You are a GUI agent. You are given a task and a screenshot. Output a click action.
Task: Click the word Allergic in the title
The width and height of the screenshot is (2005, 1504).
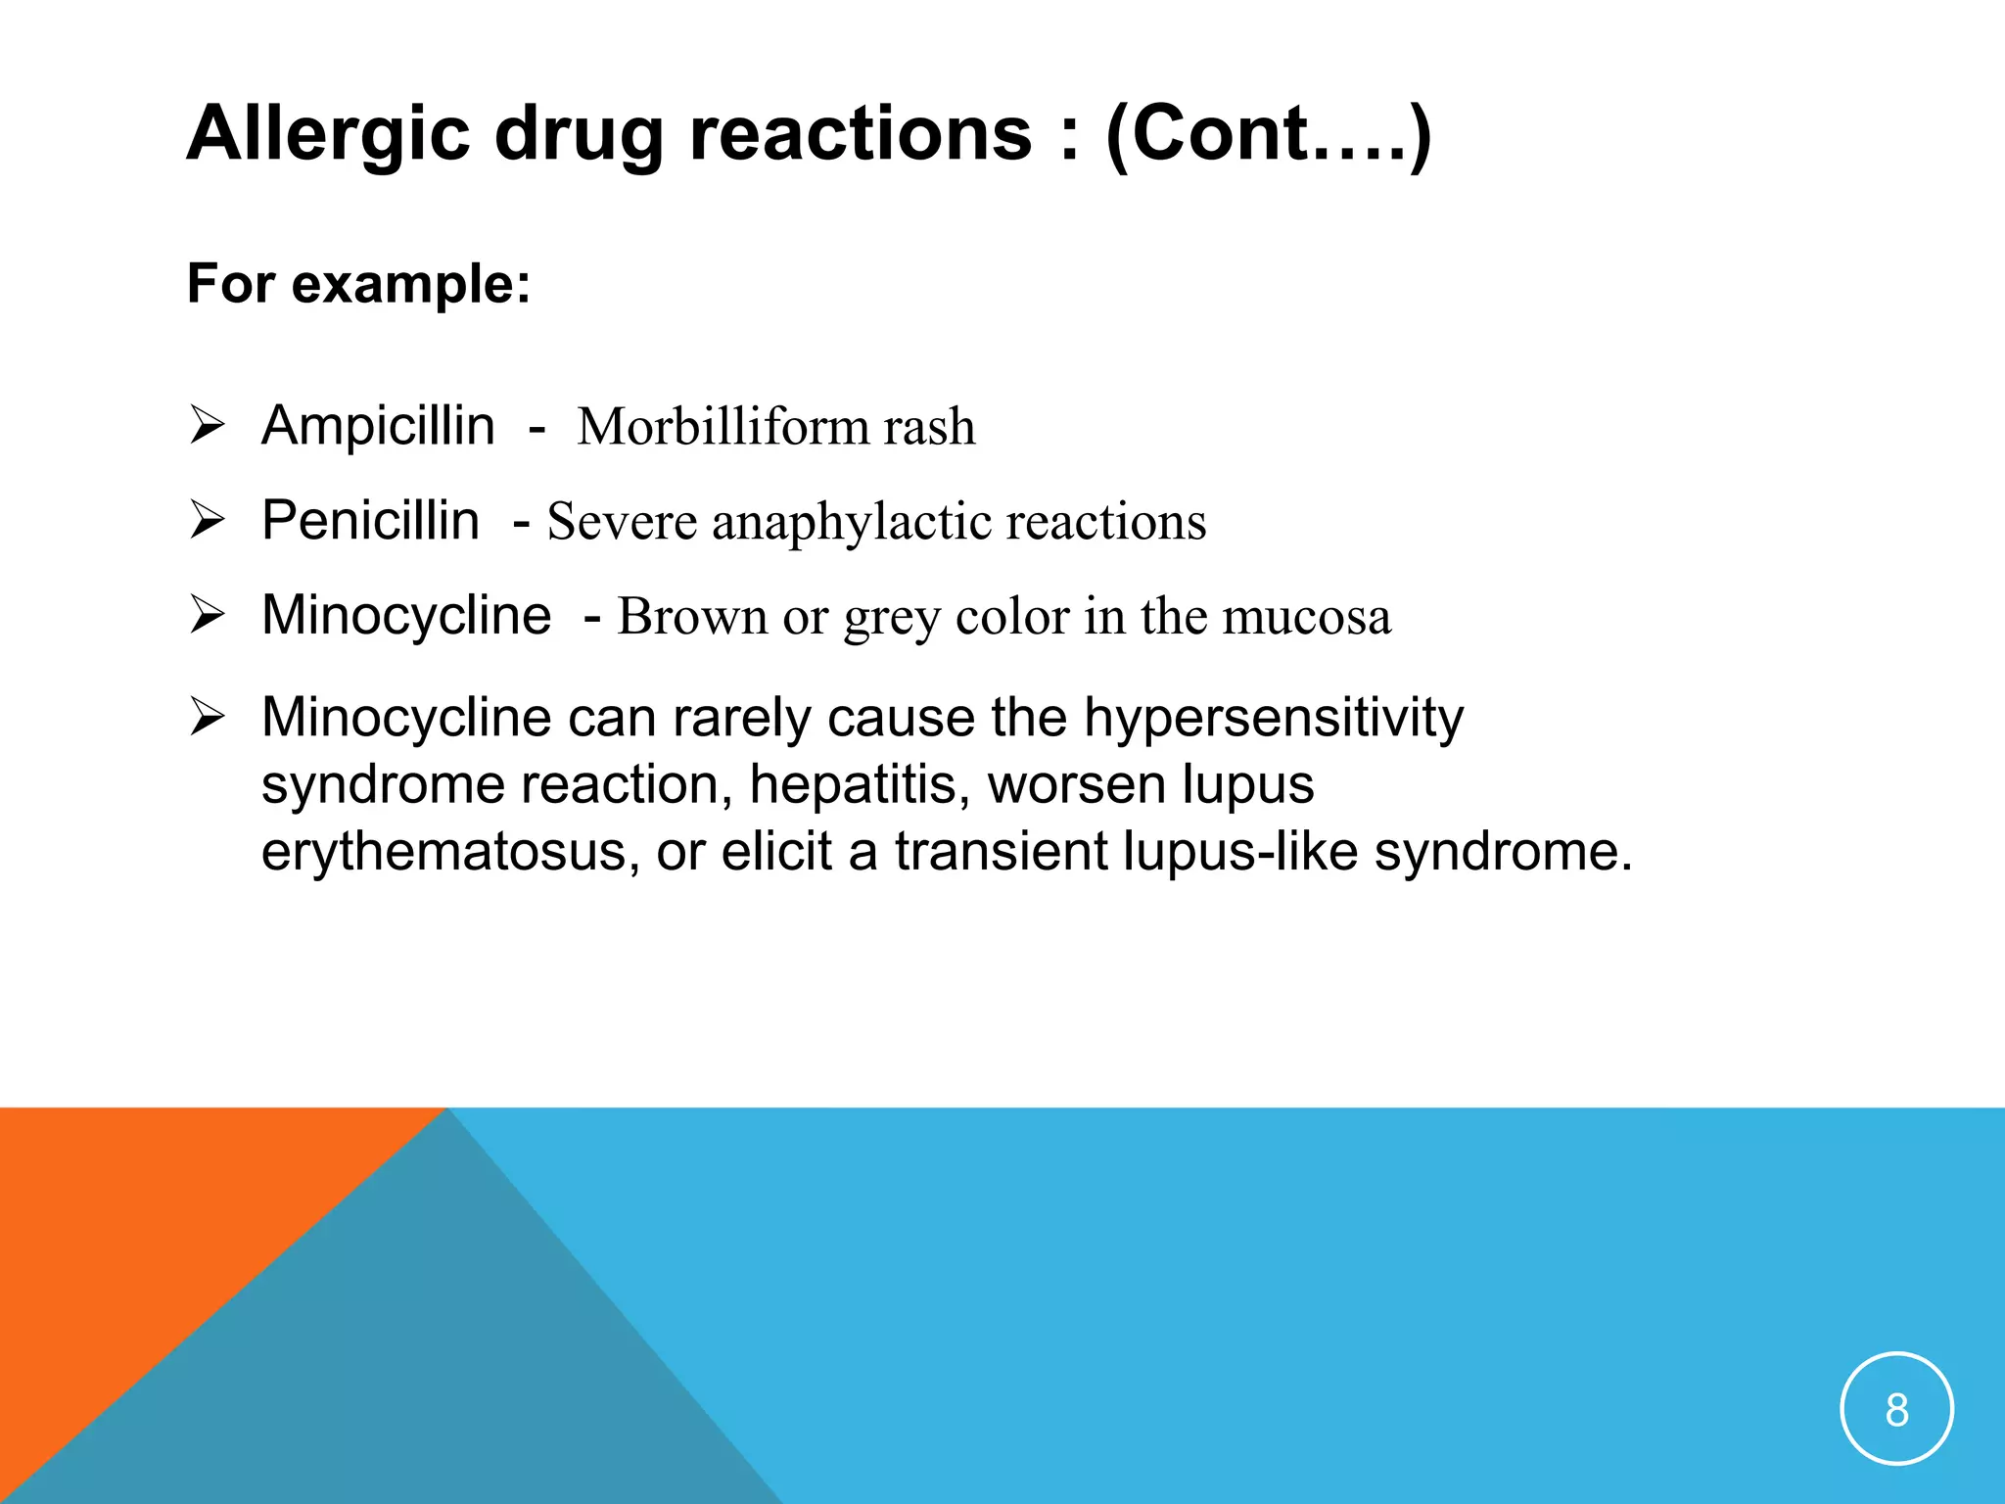(x=329, y=135)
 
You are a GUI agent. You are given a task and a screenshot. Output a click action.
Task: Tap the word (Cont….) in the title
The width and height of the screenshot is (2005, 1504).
(x=1269, y=135)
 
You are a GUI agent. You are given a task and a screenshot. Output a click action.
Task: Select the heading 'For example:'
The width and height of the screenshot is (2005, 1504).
(x=358, y=285)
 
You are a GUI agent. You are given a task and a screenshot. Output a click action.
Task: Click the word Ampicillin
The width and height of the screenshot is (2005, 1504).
(x=378, y=427)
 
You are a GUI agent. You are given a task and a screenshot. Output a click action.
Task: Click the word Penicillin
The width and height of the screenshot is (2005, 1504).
(x=370, y=521)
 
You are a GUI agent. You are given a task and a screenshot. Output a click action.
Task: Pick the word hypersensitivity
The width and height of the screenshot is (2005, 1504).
(x=1273, y=719)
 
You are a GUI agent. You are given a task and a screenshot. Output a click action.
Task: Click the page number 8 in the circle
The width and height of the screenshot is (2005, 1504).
(x=1896, y=1410)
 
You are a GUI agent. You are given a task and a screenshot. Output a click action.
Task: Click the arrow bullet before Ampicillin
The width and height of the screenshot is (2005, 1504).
(x=208, y=426)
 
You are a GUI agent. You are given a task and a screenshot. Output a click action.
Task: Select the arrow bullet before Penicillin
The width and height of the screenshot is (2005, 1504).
(x=208, y=520)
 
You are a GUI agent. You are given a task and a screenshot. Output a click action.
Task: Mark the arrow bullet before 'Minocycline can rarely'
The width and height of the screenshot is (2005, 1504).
(x=208, y=718)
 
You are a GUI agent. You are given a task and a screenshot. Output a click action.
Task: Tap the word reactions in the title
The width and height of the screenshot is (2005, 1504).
(x=861, y=135)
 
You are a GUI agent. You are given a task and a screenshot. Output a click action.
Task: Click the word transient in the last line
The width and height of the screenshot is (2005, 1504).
(x=1000, y=851)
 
